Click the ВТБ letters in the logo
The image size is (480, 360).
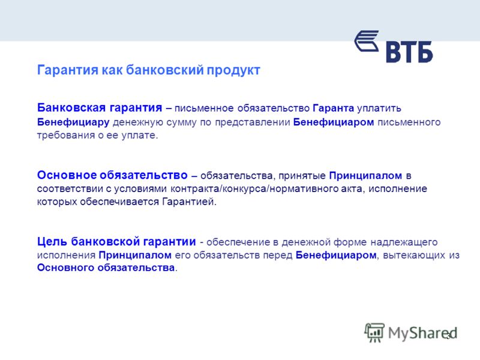point(409,52)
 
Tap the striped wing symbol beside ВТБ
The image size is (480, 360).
point(367,41)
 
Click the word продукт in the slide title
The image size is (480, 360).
point(233,70)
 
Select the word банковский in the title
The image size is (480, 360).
point(164,70)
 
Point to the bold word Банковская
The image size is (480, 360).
point(71,108)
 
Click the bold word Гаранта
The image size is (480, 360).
point(334,109)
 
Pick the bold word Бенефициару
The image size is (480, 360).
point(73,122)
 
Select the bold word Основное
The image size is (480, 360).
point(66,175)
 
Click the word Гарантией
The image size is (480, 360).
point(189,202)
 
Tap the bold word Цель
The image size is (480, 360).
point(52,242)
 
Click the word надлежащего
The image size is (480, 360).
point(404,242)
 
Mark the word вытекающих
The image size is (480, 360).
point(414,255)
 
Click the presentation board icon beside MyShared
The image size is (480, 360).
point(374,332)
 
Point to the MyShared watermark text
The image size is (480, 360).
point(422,333)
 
